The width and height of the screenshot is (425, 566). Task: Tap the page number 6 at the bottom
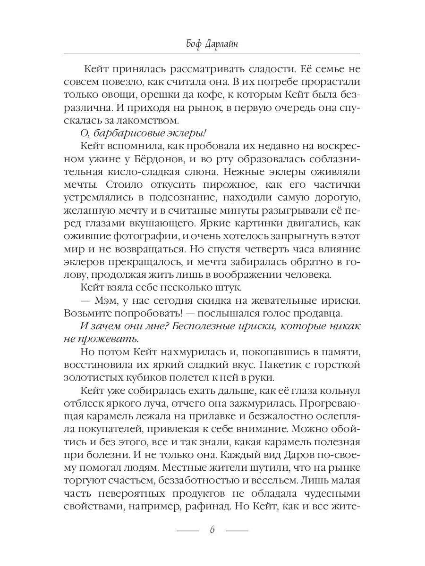[x=212, y=530]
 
